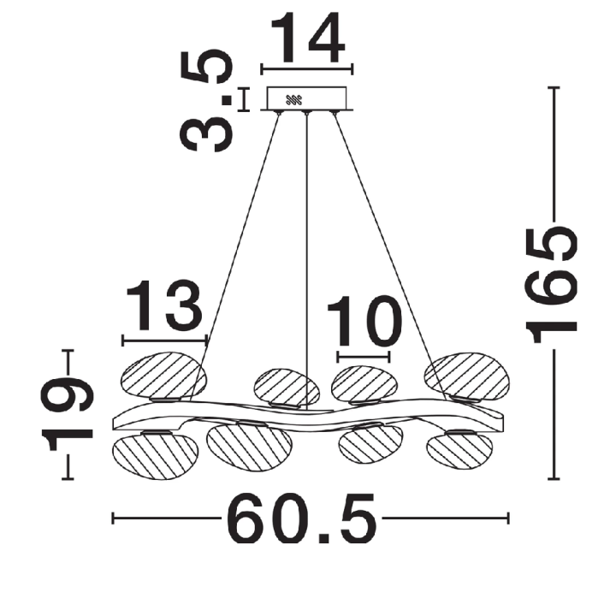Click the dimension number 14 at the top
(x=308, y=38)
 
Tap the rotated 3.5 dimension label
(x=205, y=101)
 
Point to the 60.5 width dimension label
(x=302, y=518)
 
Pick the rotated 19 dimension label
(x=68, y=413)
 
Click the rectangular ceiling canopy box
(x=306, y=98)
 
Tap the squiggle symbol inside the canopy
(x=293, y=100)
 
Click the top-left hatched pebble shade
(x=163, y=376)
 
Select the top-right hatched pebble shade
(x=466, y=376)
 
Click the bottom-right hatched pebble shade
(x=459, y=450)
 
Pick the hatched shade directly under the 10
(x=364, y=385)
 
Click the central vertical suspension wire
(x=307, y=260)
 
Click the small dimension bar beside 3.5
(x=244, y=99)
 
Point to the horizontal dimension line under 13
(x=164, y=341)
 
